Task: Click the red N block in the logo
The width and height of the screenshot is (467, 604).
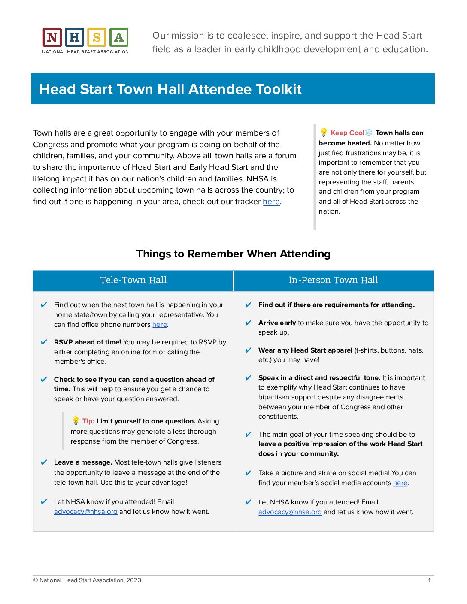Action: [x=52, y=38]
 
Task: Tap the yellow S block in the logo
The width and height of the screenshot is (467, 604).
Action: [x=97, y=38]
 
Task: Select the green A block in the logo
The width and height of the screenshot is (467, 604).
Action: [x=119, y=38]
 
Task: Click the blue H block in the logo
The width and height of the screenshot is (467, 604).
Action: [x=74, y=38]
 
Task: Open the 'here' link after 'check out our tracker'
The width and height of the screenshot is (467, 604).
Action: [x=271, y=202]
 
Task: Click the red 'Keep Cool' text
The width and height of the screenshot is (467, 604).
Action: [x=347, y=133]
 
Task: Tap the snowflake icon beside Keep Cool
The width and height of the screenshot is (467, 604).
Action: [x=369, y=133]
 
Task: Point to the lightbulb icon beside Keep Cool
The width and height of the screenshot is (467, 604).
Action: [x=324, y=132]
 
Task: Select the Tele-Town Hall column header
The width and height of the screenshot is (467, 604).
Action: [x=133, y=280]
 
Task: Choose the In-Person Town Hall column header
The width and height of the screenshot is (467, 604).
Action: [x=334, y=280]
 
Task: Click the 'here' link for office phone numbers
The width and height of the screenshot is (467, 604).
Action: [x=159, y=325]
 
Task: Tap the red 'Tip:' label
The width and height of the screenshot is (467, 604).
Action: [x=88, y=421]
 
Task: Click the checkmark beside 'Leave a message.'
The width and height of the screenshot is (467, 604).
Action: [x=44, y=462]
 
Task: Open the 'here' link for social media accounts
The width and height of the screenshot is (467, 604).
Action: [x=400, y=483]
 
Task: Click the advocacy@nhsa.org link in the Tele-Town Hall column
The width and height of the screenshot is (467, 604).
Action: [x=86, y=512]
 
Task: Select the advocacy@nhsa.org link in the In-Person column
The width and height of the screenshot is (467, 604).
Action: [x=290, y=512]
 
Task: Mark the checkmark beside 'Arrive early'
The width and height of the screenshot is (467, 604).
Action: [x=248, y=323]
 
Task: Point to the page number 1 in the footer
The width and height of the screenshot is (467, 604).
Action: [x=429, y=580]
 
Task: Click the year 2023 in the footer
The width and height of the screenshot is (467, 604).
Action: [x=134, y=580]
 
